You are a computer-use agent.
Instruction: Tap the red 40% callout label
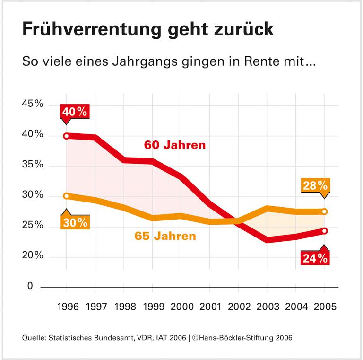(75, 111)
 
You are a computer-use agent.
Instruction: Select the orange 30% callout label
(75, 222)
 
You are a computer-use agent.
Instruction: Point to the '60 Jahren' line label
(175, 145)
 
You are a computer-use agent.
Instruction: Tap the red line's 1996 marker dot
(66, 136)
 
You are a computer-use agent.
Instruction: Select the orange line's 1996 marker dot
(66, 196)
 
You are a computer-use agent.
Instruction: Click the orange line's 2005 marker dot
(325, 211)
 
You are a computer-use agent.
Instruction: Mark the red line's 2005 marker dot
(325, 231)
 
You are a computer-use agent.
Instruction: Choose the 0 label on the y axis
(30, 287)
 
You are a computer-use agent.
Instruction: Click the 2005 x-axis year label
(324, 306)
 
